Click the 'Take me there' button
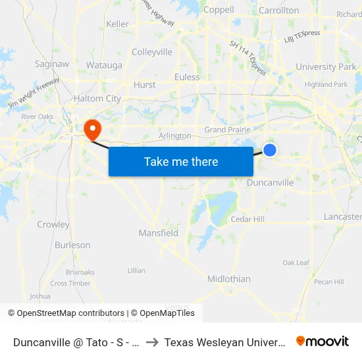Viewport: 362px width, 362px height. coord(181,161)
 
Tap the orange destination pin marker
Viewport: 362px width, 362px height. coord(92,128)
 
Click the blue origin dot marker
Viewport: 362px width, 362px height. coord(269,150)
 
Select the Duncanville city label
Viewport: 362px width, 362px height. coord(270,182)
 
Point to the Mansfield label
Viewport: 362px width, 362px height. coord(159,233)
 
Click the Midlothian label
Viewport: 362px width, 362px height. coord(229,278)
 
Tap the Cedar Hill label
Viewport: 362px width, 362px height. coord(247,219)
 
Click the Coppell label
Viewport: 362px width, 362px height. coord(219,10)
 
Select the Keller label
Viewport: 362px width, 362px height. coord(118,24)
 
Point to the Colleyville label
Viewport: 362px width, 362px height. coord(152,52)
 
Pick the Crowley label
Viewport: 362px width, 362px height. coord(53,224)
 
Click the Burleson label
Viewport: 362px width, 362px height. coord(72,245)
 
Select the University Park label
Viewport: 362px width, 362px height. coord(326,66)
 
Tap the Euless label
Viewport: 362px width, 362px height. coord(187,77)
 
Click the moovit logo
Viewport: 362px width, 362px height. coord(323,342)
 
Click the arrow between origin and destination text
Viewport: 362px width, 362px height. coord(151,342)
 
